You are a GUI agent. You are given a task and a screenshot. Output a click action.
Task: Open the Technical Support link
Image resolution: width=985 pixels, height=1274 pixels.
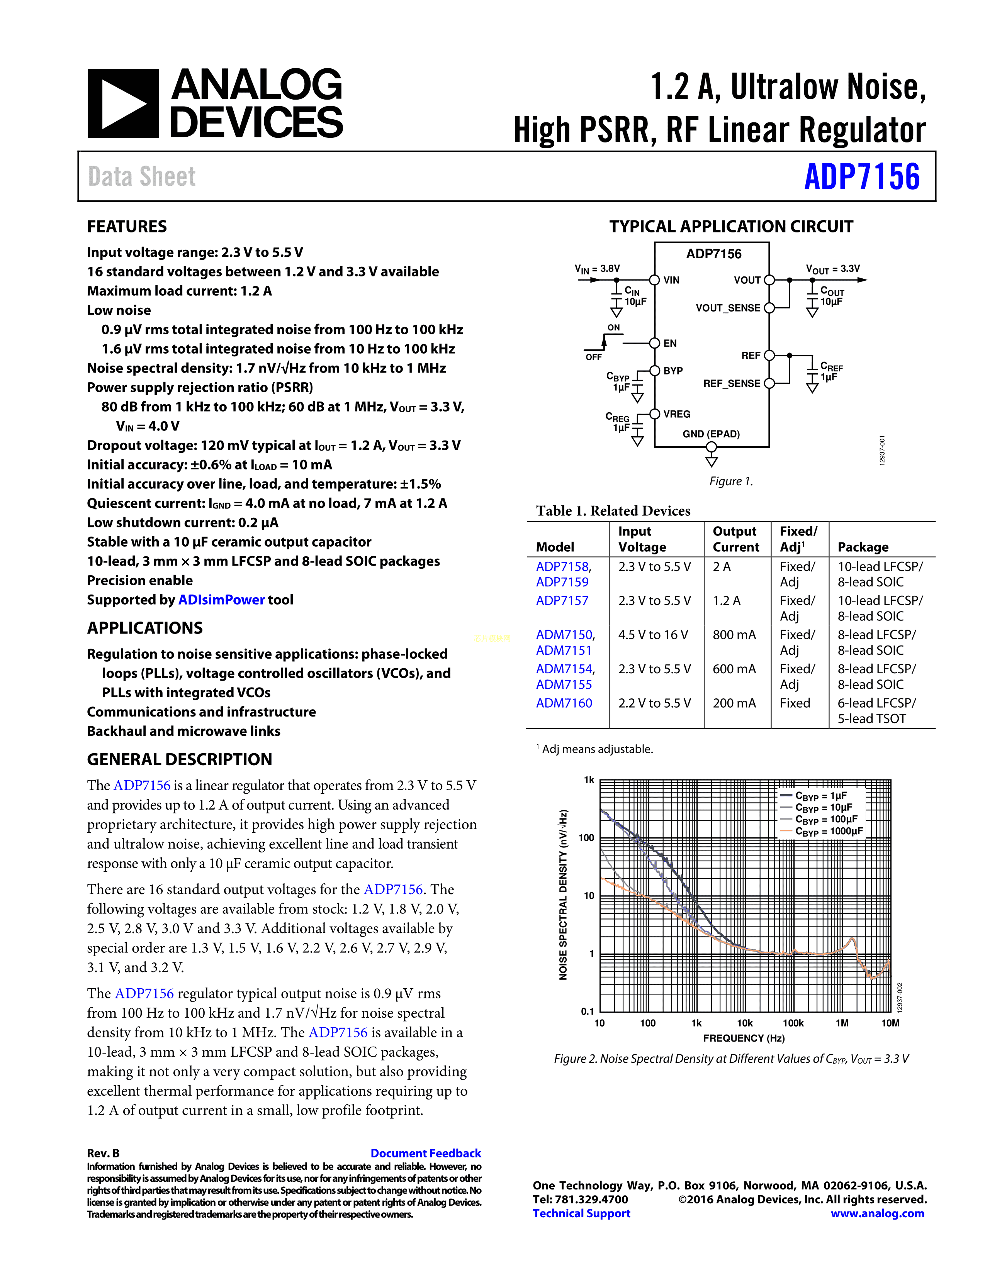581,1213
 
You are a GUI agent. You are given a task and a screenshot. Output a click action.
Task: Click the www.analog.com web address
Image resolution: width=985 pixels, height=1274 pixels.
878,1213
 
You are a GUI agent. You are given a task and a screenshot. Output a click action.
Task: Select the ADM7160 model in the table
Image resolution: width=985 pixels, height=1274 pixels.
564,703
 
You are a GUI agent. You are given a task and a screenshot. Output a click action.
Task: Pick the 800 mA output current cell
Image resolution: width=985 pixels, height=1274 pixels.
734,635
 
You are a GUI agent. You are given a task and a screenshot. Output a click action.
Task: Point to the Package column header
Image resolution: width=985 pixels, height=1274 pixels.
863,547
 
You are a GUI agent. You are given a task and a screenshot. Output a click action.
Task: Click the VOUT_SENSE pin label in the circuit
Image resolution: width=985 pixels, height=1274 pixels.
728,308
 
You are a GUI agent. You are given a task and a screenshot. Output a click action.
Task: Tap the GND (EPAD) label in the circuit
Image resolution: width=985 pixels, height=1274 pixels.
711,434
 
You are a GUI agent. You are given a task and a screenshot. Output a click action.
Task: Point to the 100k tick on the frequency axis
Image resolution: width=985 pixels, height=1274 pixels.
793,1023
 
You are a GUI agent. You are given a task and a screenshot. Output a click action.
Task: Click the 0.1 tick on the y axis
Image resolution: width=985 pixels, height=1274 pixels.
587,1011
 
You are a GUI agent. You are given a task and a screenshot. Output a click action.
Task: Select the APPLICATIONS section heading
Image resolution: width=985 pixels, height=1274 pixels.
145,628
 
